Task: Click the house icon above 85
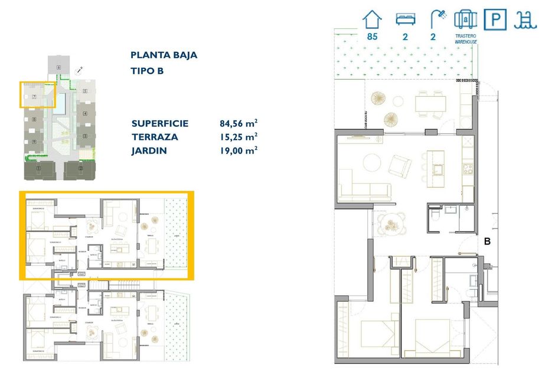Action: (372, 19)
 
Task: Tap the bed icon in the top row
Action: (404, 19)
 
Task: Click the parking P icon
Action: (494, 19)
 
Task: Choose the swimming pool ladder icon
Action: (524, 19)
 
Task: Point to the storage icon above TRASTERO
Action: (465, 19)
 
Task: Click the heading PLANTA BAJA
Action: (164, 55)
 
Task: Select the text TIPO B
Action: (146, 71)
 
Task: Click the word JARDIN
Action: (149, 151)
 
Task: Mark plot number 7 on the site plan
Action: (34, 96)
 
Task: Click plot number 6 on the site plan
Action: (58, 68)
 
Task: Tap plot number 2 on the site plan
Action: (80, 169)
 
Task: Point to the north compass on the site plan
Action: (79, 70)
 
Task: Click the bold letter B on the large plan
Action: (488, 241)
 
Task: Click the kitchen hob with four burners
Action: (468, 168)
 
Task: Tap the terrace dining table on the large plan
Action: (430, 104)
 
